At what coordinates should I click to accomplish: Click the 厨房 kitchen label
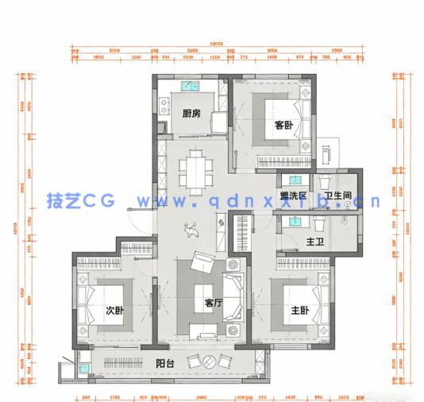tap(191, 113)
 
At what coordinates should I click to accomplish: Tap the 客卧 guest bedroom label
tap(283, 125)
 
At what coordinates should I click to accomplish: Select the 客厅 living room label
tap(213, 303)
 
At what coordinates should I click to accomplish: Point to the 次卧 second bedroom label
tap(115, 310)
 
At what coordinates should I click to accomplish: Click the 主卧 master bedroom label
tap(299, 310)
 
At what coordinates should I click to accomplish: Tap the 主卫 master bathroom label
tap(314, 242)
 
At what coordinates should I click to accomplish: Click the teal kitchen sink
tap(191, 85)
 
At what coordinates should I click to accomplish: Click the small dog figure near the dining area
tap(191, 231)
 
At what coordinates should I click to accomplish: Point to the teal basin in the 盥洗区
tap(295, 180)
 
